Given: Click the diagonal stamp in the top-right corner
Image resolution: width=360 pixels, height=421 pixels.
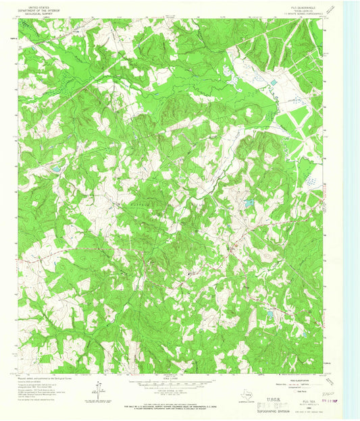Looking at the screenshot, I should coord(330,8).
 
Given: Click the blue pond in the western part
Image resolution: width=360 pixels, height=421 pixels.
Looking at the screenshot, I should coord(56,168).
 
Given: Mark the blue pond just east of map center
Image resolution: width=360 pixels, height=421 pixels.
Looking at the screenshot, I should coord(249,202).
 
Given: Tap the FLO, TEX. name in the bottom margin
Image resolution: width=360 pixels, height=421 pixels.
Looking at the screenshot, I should coord(311,401).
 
